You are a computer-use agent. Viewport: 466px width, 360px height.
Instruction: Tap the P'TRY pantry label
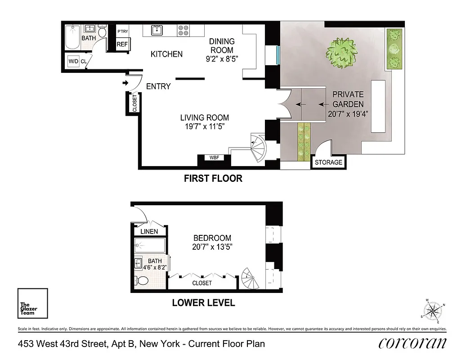122,32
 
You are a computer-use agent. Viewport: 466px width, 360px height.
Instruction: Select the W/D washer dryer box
72,61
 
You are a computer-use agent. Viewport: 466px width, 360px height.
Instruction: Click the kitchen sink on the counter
157,31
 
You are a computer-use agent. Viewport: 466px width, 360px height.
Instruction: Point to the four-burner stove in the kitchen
184,30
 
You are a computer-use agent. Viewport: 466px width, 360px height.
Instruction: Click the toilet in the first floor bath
102,32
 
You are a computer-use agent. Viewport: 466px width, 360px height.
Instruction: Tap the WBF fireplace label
214,158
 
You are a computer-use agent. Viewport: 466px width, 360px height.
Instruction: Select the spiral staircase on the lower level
250,279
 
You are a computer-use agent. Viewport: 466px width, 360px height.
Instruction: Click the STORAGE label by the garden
328,162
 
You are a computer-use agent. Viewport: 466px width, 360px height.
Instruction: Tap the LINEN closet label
149,231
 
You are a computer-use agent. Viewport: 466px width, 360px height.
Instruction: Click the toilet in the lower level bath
143,281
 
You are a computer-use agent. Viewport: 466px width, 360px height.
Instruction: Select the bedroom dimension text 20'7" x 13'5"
212,247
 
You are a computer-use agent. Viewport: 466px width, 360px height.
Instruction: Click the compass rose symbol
434,310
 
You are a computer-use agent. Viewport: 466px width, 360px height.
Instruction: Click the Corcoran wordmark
412,343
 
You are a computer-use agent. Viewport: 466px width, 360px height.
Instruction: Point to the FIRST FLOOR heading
213,179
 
